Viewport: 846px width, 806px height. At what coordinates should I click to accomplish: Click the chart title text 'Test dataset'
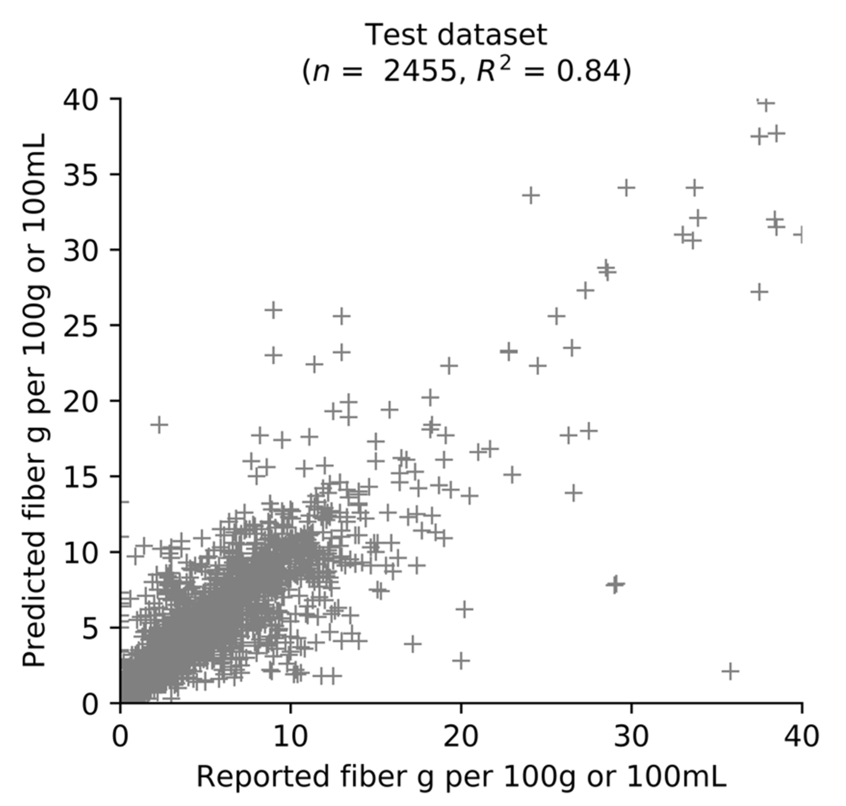456,35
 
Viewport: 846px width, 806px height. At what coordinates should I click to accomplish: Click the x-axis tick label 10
291,736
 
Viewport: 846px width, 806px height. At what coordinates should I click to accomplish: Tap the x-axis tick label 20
460,736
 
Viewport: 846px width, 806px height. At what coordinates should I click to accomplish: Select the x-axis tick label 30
631,736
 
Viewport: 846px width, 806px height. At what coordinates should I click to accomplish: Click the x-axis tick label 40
801,736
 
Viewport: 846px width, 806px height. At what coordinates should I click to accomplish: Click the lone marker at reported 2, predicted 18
159,425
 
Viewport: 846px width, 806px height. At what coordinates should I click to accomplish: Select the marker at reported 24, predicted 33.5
531,195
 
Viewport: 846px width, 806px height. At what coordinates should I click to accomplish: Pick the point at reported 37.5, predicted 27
759,292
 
